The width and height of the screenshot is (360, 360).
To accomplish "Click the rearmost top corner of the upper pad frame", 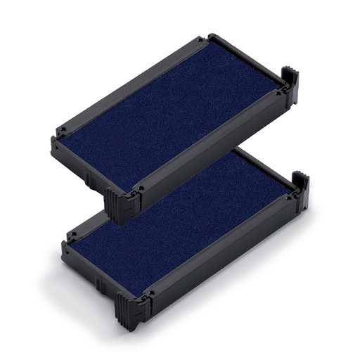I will click(x=211, y=37).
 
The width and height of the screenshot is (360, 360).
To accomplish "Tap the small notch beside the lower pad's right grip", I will click(x=289, y=198).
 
